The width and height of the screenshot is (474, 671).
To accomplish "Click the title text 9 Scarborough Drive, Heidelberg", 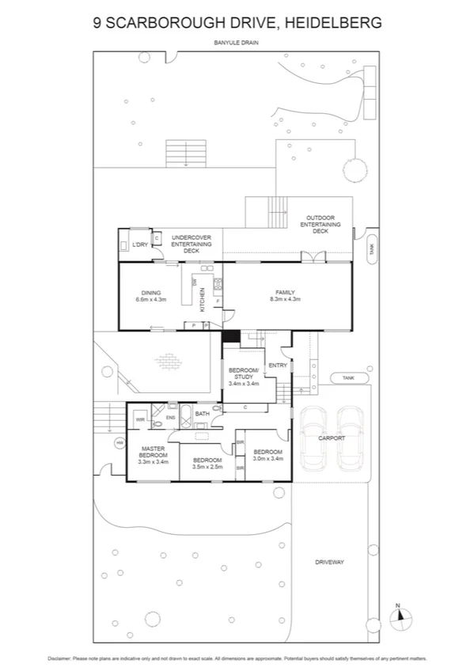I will click(x=237, y=24).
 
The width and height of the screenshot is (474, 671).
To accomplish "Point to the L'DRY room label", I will click(x=141, y=245).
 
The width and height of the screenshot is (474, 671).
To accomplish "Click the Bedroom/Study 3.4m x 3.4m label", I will click(x=244, y=377).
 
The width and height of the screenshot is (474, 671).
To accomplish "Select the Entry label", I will click(x=278, y=365).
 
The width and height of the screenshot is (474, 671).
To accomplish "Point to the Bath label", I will click(x=203, y=414).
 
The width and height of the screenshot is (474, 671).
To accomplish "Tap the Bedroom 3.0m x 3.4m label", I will click(x=267, y=456).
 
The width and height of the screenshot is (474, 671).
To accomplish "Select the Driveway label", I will click(x=333, y=562).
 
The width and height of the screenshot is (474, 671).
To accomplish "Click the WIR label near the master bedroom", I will click(x=140, y=419).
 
